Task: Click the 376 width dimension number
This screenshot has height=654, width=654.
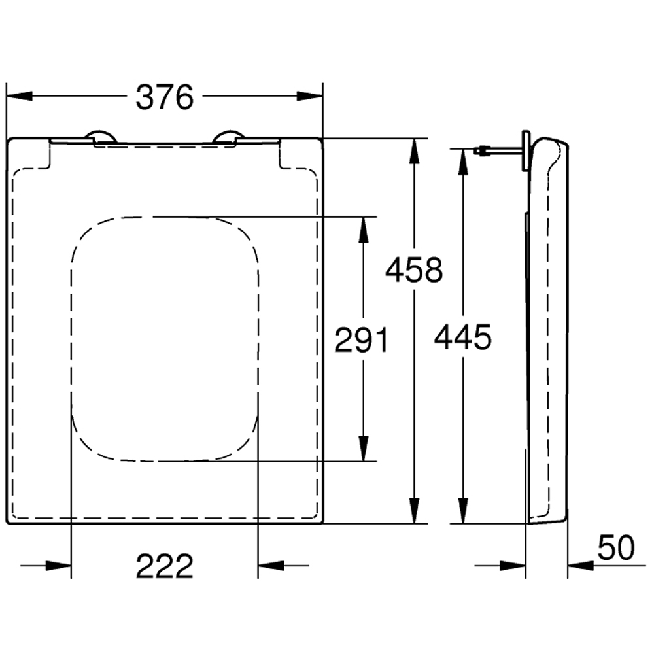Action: (165, 97)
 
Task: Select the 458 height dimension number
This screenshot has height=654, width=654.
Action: (414, 270)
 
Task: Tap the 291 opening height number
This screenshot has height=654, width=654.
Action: (362, 339)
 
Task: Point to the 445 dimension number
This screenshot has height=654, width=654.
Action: (463, 337)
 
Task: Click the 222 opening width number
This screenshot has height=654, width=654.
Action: (165, 566)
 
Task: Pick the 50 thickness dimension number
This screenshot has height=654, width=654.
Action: (616, 547)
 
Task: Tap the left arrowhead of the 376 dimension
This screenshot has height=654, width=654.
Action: (19, 96)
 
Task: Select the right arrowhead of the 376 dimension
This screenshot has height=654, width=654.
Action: (310, 96)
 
